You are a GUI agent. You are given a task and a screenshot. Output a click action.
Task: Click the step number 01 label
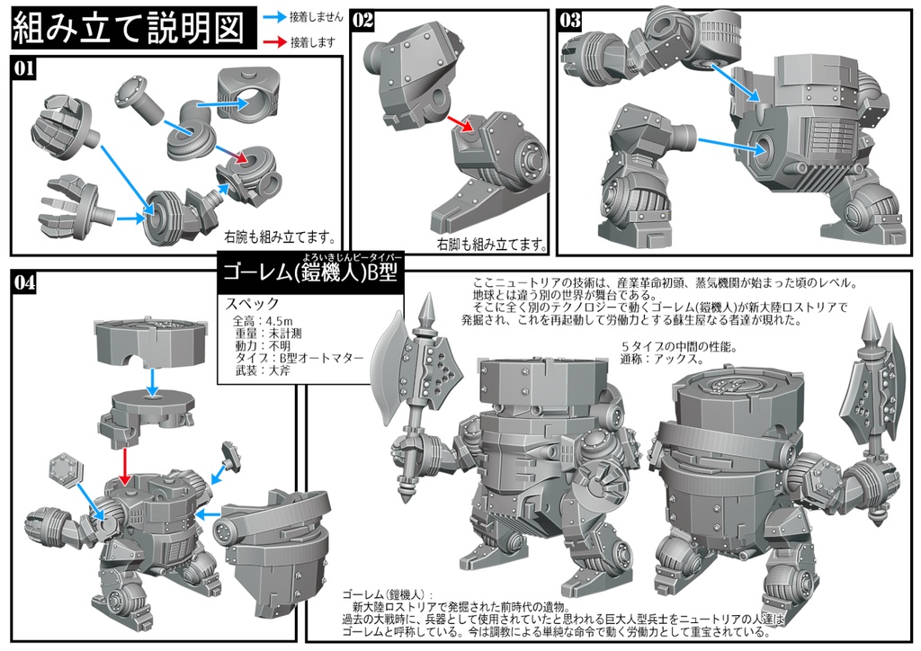(x=24, y=67)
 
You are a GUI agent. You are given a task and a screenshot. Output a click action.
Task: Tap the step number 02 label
(x=363, y=20)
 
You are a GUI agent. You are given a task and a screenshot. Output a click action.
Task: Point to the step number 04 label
(x=24, y=282)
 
